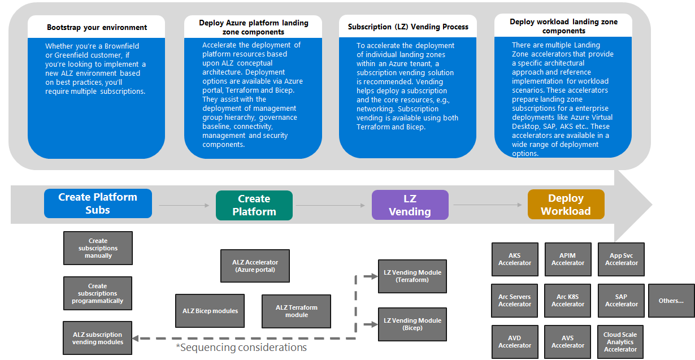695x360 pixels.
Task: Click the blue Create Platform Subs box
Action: point(98,203)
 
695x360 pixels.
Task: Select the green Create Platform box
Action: point(254,205)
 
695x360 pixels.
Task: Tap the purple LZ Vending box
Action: point(410,205)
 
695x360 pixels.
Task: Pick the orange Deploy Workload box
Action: point(566,205)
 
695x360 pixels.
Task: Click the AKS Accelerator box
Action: point(515,259)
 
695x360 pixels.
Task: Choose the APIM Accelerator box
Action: point(568,259)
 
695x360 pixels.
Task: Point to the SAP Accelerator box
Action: point(621,301)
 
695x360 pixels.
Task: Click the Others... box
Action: point(671,301)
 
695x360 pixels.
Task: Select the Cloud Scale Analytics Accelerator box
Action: point(621,342)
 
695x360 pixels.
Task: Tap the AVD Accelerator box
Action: point(515,342)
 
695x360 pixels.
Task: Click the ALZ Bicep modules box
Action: point(210,311)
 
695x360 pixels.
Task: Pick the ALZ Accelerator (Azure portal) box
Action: point(255,266)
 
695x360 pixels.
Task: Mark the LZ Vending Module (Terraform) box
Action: point(412,276)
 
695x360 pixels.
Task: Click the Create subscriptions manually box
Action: point(98,248)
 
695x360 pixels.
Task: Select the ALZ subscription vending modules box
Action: point(98,338)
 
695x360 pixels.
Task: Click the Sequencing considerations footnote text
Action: point(241,348)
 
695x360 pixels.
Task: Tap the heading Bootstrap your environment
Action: point(97,27)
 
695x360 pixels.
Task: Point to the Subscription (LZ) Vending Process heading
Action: point(408,27)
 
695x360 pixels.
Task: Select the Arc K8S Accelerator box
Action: point(568,301)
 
